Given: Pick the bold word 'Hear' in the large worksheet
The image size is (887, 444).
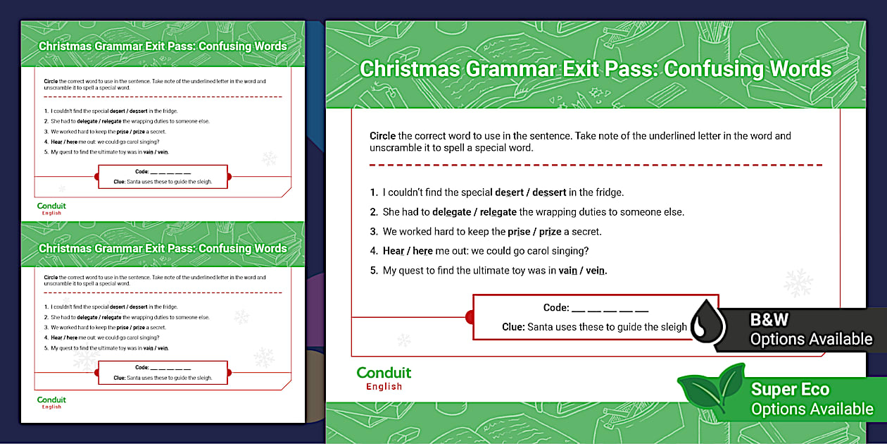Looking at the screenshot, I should tap(393, 251).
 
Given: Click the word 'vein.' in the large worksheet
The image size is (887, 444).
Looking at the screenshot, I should tap(596, 271).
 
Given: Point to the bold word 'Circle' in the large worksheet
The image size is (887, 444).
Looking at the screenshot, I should tap(382, 136).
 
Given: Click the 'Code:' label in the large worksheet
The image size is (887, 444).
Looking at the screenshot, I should tap(555, 308).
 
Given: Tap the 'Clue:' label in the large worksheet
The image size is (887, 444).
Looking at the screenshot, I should tap(513, 327).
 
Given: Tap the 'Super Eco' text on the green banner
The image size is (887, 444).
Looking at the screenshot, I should tap(790, 389).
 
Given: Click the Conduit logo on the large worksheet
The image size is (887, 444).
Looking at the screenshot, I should tap(384, 377).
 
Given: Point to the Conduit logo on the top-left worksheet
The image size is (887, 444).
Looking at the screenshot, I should tap(51, 208).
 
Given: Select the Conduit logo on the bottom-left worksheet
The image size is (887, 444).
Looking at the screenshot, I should tap(51, 402).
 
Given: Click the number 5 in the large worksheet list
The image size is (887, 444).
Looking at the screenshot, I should tap(373, 271).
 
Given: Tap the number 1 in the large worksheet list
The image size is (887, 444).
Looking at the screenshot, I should tap(373, 192).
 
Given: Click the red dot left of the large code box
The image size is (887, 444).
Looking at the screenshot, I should tap(470, 318).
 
